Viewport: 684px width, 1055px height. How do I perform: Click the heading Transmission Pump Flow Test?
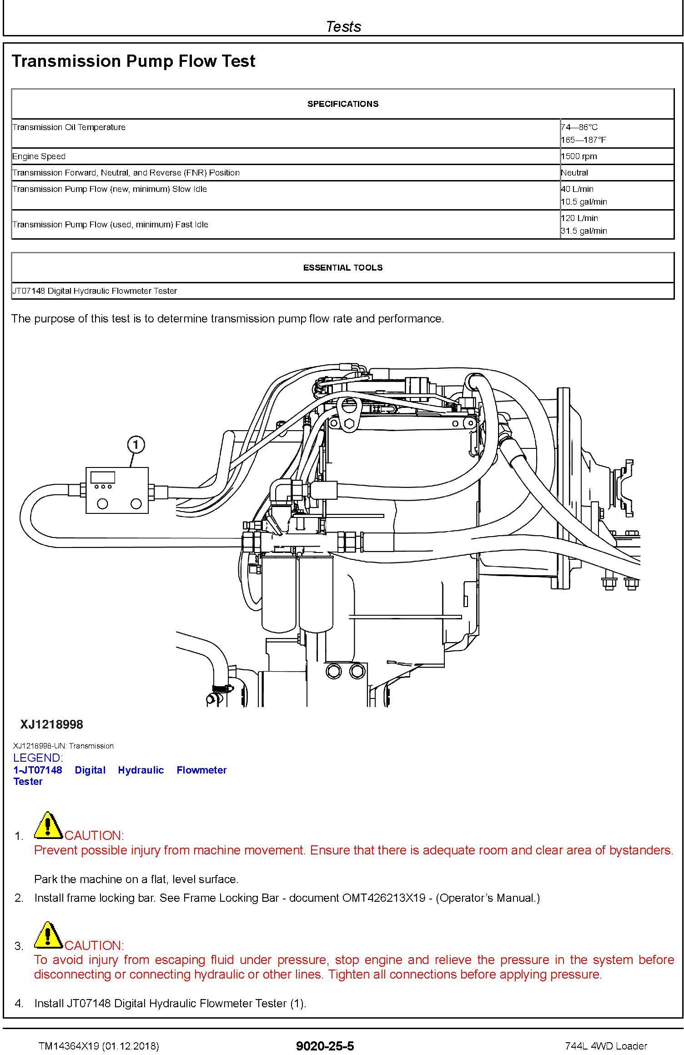[133, 61]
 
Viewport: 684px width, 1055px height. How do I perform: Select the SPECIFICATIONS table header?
[342, 104]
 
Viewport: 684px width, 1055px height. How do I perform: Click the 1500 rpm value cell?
[579, 156]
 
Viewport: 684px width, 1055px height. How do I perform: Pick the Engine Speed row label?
[39, 156]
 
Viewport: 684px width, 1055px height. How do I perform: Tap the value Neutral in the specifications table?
[574, 173]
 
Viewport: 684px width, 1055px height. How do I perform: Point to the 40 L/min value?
[577, 189]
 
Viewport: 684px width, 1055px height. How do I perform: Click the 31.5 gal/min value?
[584, 231]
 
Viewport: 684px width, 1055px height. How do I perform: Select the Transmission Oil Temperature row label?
[69, 127]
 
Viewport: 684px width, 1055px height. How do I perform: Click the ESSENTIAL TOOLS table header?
[342, 268]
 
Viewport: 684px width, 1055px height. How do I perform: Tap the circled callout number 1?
[136, 444]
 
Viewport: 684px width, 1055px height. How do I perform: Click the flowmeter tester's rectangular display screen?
[103, 477]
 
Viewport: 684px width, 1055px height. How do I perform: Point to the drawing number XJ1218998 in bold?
[51, 724]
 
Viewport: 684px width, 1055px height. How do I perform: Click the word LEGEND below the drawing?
[38, 758]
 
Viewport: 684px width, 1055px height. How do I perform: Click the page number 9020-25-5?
[325, 1046]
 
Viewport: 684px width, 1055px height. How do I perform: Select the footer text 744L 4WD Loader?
[606, 1046]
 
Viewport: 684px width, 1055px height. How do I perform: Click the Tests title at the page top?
[343, 26]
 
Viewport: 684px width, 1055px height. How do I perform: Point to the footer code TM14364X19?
[68, 1046]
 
